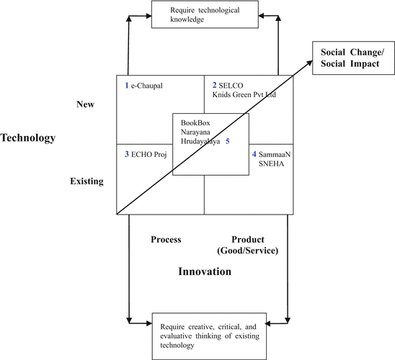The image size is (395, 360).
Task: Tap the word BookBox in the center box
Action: point(196,122)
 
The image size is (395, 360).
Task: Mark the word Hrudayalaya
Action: point(201,142)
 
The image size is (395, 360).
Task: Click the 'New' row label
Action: point(86,105)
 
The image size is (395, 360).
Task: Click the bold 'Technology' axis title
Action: point(28,138)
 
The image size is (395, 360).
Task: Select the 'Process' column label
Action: point(166,239)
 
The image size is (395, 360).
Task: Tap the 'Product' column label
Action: point(248,239)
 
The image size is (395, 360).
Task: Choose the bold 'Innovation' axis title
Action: point(205,271)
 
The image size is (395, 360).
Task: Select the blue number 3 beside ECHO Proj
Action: point(126,153)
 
